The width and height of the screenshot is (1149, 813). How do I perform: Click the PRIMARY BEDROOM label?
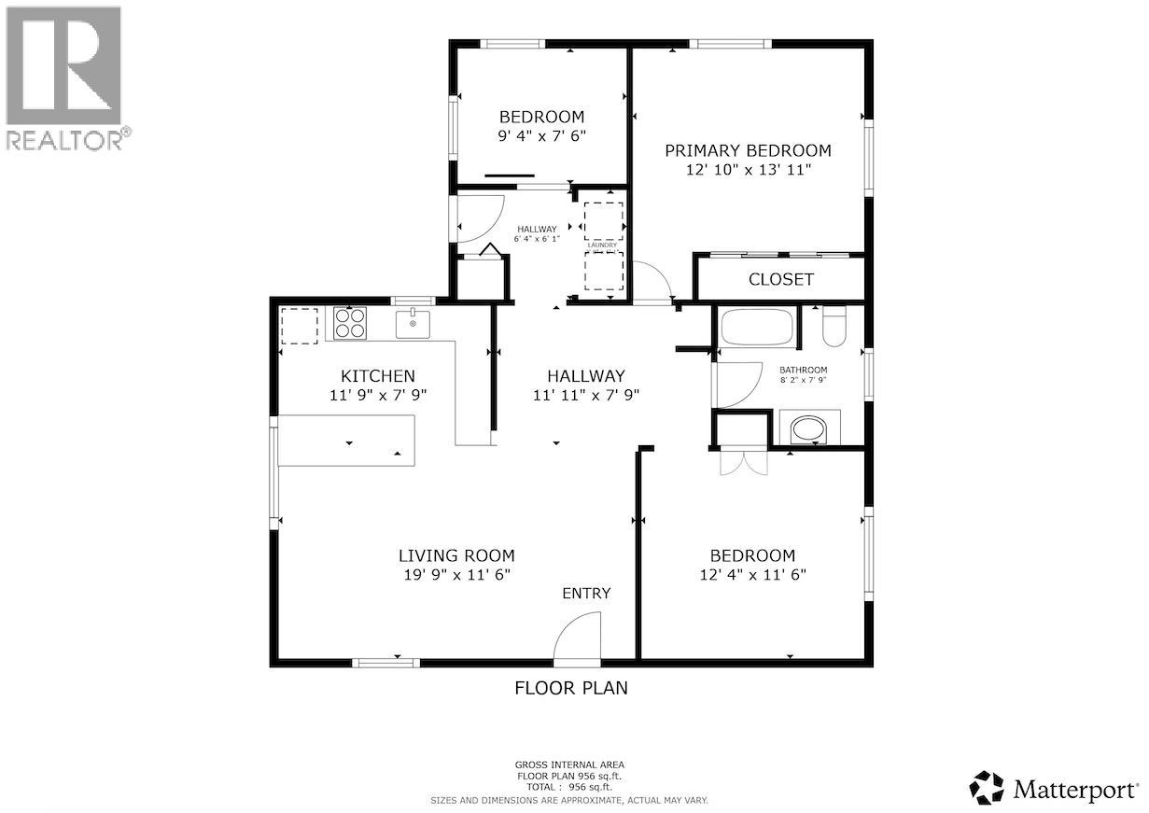pos(748,150)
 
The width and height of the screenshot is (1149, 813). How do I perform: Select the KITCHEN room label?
pos(377,376)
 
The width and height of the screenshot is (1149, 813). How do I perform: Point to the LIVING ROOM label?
pos(456,555)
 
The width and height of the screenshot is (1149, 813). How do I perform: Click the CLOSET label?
pos(781,279)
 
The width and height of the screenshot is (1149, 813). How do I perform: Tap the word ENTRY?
pos(586,594)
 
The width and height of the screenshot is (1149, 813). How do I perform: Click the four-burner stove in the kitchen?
pos(351,323)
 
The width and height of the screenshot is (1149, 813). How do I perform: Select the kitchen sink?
pos(413,324)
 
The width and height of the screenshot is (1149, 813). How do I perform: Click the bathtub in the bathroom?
pos(757,329)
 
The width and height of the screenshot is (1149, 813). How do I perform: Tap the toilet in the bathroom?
pos(834,327)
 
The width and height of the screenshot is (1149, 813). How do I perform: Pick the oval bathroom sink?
pos(808,429)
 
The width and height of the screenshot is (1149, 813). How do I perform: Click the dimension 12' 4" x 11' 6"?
pos(752,575)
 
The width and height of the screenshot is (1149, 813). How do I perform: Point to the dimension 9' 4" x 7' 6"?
pos(541,135)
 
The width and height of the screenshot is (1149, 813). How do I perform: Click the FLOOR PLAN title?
pos(571,688)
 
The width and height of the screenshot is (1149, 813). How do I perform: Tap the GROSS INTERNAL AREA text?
pos(569,764)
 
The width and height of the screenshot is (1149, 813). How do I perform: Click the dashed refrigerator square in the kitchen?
pos(300,325)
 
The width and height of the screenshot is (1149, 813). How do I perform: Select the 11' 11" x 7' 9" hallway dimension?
pos(585,394)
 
